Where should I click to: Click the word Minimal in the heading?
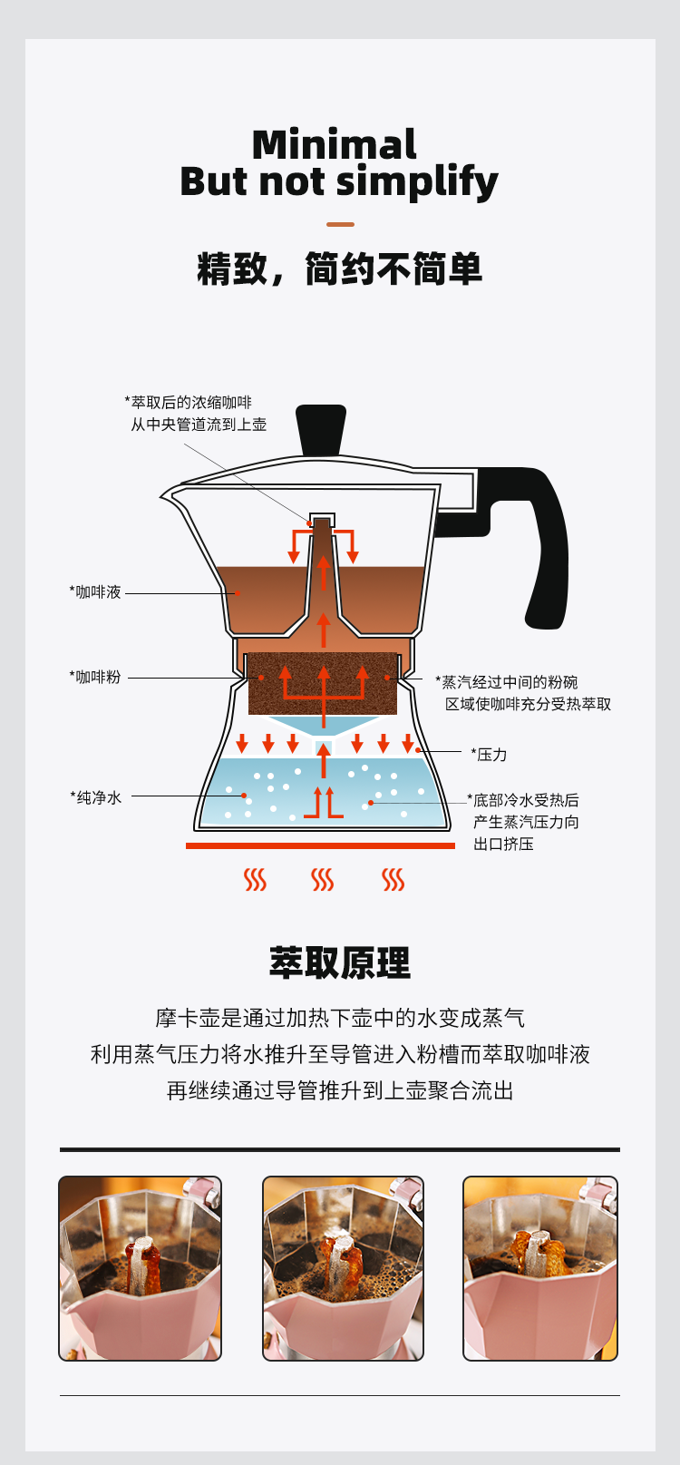coord(334,145)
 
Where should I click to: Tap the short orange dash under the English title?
coord(340,224)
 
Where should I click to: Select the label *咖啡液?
coord(95,592)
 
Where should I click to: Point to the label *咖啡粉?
coord(95,677)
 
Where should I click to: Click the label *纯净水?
coord(96,797)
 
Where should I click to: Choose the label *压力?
coord(489,755)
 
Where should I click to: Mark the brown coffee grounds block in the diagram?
coord(323,682)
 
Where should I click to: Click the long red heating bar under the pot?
coord(320,845)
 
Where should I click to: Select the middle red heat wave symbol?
coord(323,879)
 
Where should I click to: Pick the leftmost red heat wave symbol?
coord(256,879)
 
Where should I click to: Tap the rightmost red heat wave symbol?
coord(393,879)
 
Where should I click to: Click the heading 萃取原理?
coord(340,962)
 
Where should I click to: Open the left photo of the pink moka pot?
coord(141,1268)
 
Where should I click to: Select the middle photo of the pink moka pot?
coord(343,1268)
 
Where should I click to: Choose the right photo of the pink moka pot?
coord(540,1268)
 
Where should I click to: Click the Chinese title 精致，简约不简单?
coord(340,269)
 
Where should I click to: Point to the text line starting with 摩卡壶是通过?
coord(340,1018)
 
